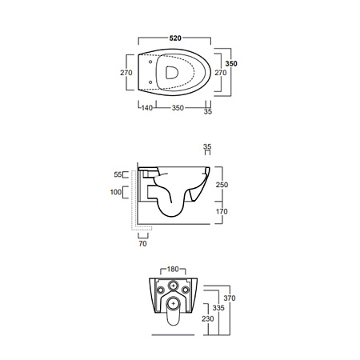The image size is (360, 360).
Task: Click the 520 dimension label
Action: pos(175,38)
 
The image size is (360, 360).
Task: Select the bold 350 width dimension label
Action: pos(231,63)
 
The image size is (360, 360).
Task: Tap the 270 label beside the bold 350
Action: pos(221,73)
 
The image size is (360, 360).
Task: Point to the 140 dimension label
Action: pos(146,108)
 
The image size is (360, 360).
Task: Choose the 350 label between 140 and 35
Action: pos(178,108)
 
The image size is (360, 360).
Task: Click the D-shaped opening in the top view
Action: pos(172,73)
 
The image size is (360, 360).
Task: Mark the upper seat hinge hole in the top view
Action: pos(150,62)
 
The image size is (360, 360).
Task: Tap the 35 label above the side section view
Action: pos(207,146)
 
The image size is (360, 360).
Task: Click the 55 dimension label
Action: pos(118,174)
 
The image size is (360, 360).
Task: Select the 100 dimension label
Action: pos(116,192)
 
